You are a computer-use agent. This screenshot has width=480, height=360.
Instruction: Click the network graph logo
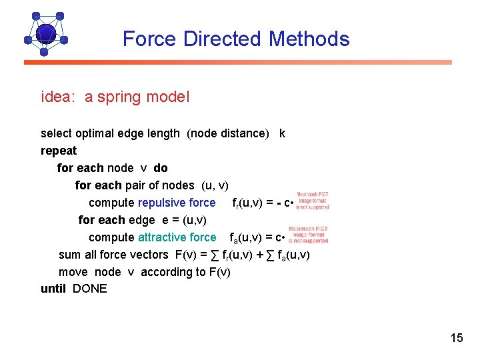[x=45, y=33]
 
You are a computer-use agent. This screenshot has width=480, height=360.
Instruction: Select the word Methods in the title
[x=309, y=39]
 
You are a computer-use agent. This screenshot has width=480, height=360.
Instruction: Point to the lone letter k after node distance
[x=282, y=133]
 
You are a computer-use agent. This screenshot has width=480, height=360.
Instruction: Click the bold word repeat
[x=59, y=151]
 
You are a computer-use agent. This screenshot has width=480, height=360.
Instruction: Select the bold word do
[x=161, y=168]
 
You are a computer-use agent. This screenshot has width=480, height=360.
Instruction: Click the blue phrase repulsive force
[x=177, y=203]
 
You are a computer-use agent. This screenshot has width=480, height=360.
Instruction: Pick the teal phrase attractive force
[x=177, y=237]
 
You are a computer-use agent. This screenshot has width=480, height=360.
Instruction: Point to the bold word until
[x=53, y=289]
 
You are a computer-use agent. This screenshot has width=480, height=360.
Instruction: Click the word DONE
[x=89, y=289]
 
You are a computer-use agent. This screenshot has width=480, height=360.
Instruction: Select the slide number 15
[x=457, y=338]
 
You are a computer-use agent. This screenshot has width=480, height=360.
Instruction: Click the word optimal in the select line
[x=99, y=133]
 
